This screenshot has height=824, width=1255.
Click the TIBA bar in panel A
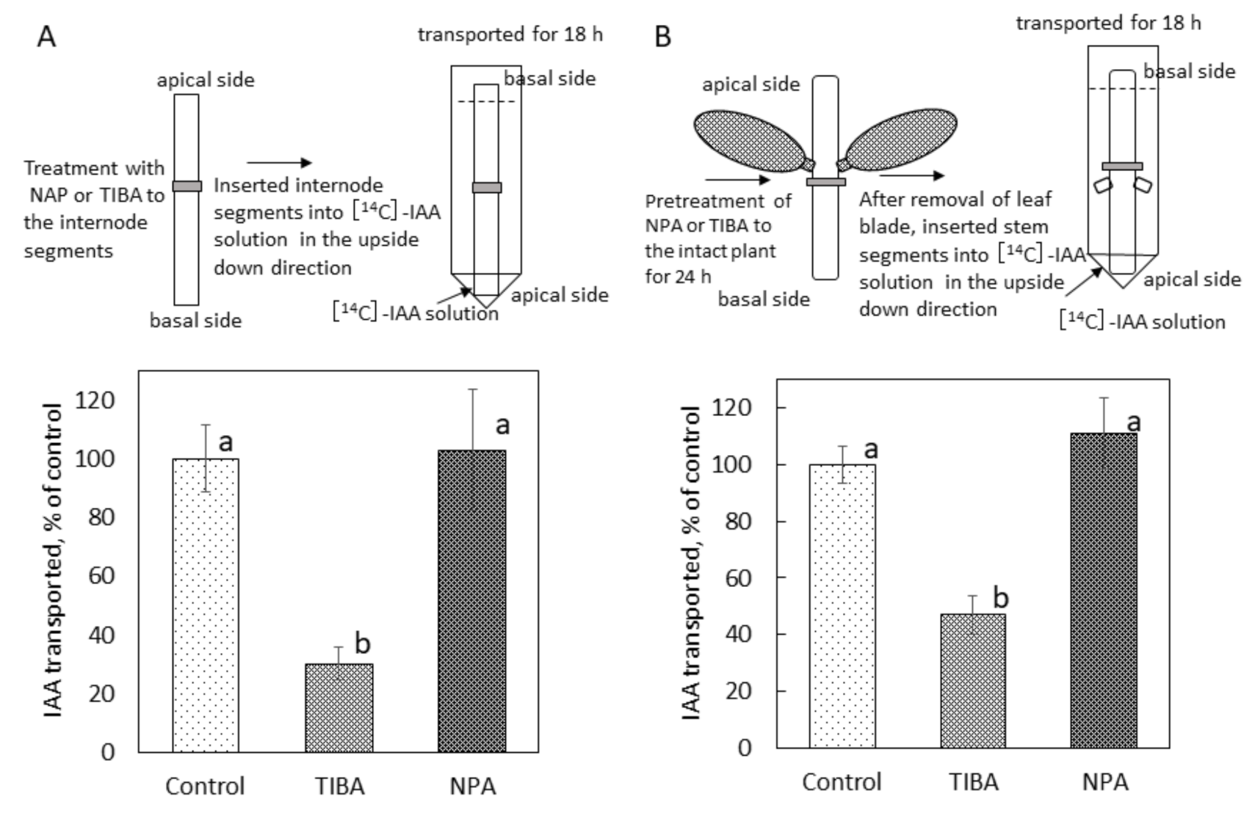click(x=339, y=707)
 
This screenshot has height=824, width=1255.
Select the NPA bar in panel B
click(x=1104, y=591)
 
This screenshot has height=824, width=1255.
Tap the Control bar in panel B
click(x=842, y=605)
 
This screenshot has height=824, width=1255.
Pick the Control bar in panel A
click(x=205, y=605)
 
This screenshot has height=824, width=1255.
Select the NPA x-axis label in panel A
click(x=472, y=787)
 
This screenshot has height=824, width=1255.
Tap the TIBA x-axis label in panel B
click(x=974, y=782)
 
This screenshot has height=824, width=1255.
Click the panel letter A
click(x=46, y=36)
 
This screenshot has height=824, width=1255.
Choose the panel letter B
click(x=662, y=36)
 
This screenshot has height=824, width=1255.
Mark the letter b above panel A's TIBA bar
click(x=362, y=643)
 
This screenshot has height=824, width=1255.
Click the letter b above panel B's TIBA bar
click(x=1000, y=598)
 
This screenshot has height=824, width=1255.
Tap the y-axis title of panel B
click(x=690, y=563)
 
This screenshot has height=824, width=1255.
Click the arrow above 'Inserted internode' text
click(x=279, y=163)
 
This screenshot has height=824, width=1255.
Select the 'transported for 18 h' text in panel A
click(x=510, y=34)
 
